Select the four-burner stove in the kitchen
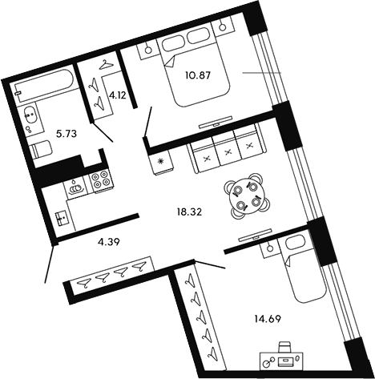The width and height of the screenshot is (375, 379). (x=99, y=180)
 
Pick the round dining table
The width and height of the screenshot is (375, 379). (x=244, y=195)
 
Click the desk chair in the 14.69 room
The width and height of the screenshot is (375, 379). (x=285, y=348)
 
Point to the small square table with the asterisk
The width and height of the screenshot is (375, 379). (x=160, y=163)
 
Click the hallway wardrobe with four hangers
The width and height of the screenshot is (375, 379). (x=111, y=275)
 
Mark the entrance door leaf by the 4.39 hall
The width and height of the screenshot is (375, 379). (x=50, y=264)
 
